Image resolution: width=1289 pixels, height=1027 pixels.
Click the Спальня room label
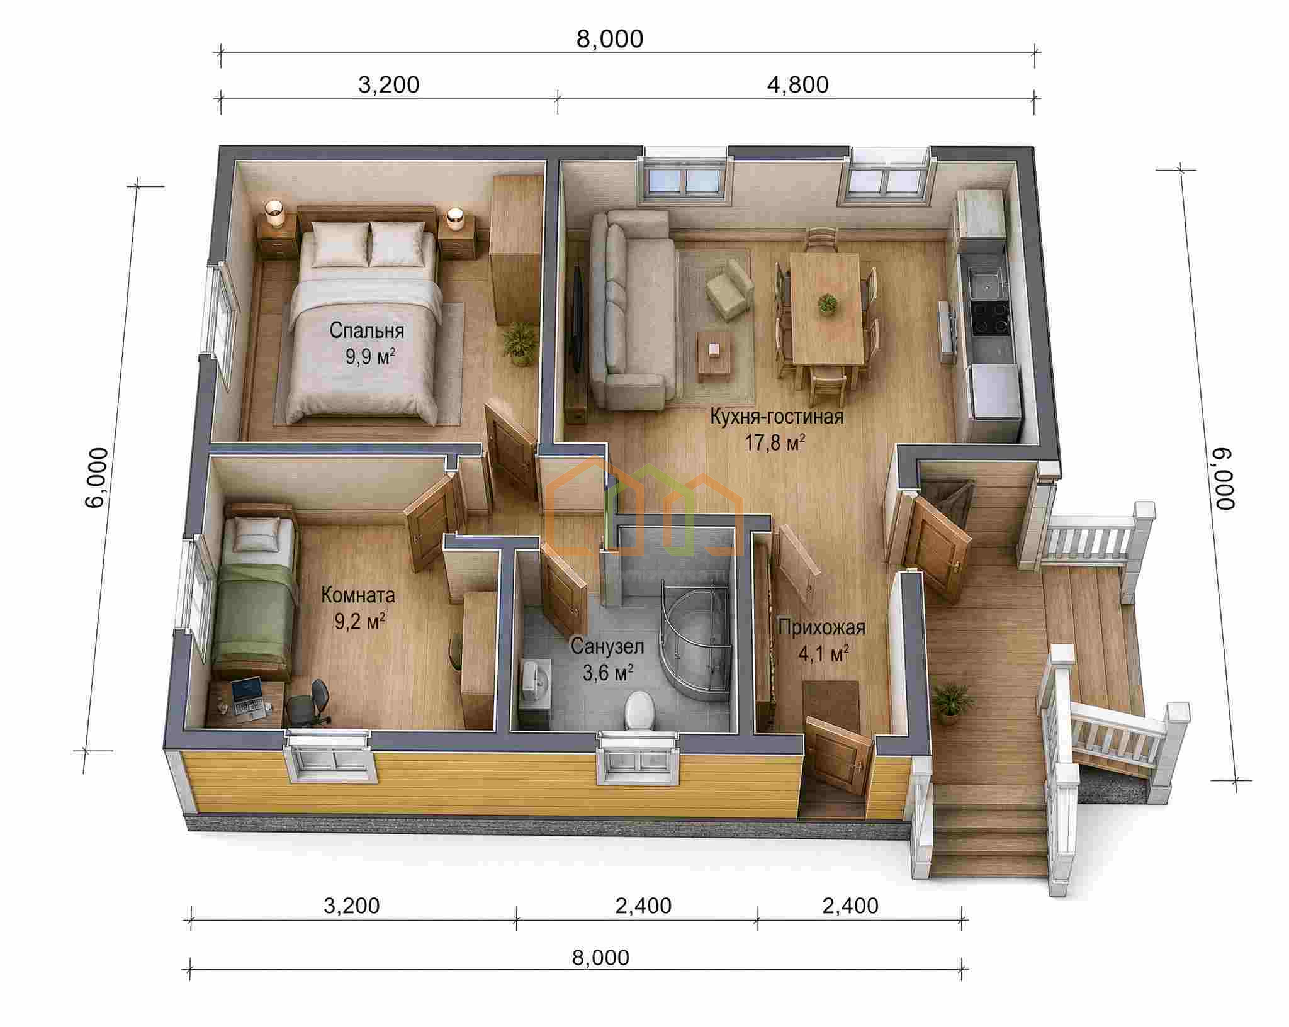tap(367, 330)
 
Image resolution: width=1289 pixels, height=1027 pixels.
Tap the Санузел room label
tap(607, 647)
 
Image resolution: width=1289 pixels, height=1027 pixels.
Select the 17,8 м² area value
tap(776, 443)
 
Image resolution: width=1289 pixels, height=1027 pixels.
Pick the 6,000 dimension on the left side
tap(96, 478)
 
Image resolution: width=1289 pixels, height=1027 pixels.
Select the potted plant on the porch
tap(947, 702)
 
